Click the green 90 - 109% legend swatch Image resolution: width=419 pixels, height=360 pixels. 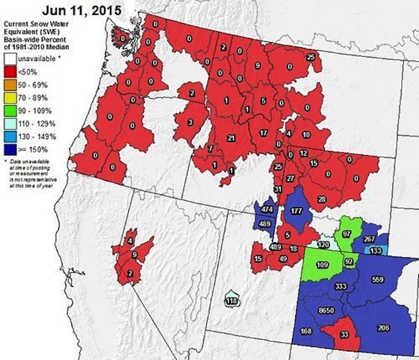click(x=10, y=111)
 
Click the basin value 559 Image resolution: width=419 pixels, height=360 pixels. click(x=377, y=280)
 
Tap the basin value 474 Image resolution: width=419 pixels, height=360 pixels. click(x=266, y=209)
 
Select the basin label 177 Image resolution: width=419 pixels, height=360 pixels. click(x=296, y=211)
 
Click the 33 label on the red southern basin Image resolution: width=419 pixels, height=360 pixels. click(x=344, y=335)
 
